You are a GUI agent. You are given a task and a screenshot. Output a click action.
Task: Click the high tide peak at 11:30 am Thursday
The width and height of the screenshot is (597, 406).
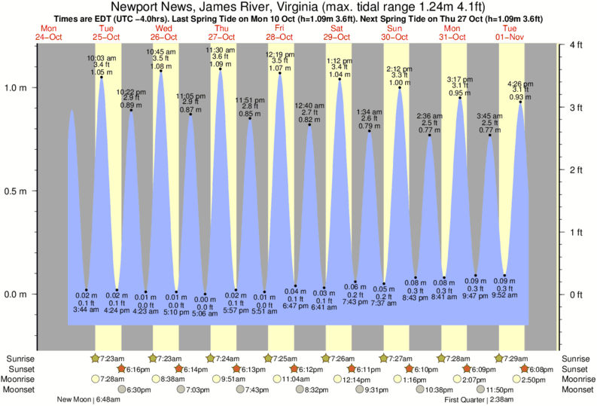pos(220,69)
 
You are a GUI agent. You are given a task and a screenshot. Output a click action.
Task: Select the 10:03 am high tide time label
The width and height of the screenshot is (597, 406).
pos(101,58)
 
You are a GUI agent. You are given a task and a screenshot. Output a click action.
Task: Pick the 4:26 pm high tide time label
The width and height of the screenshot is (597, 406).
pos(522,84)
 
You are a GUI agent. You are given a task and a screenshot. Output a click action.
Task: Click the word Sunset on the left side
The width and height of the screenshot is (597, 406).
pos(20,369)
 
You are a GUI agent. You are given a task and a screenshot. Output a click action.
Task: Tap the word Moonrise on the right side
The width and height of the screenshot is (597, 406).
pos(577,380)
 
